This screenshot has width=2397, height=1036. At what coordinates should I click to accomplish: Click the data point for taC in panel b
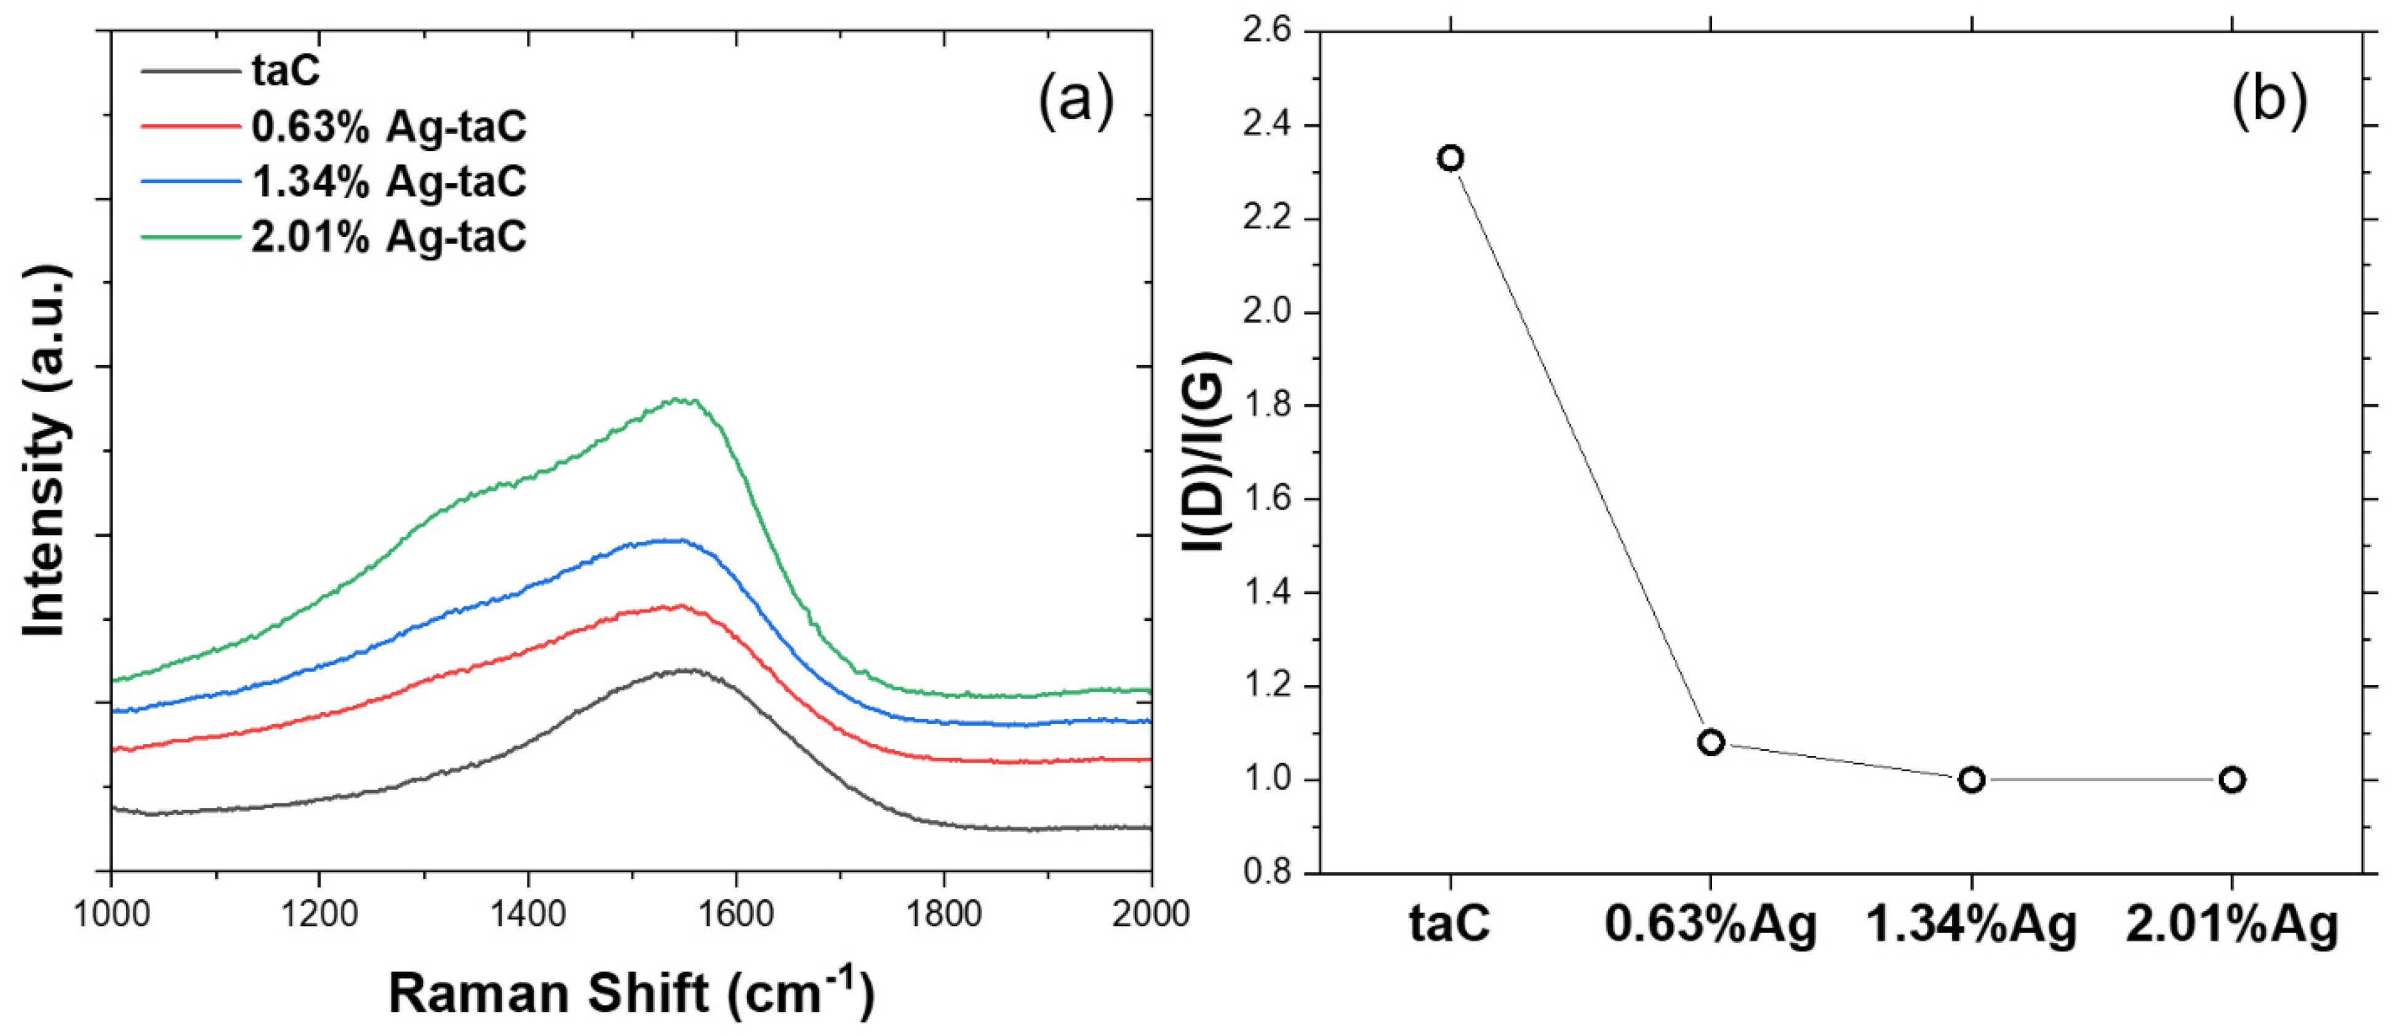pos(1450,158)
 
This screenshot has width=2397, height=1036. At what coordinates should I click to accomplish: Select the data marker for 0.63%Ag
pos(1710,742)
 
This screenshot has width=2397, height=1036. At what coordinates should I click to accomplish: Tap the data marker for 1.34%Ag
pos(1971,779)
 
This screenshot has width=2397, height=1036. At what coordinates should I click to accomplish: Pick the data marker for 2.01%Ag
pos(2231,779)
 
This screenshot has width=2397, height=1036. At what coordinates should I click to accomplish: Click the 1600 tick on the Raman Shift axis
pos(736,914)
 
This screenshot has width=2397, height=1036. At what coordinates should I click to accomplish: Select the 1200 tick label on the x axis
pos(319,914)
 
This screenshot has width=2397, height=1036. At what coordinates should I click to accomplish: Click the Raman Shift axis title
pos(631,992)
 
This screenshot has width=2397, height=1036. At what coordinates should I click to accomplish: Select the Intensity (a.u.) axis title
pos(45,451)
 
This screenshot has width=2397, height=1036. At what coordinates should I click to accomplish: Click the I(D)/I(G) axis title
pos(1206,451)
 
